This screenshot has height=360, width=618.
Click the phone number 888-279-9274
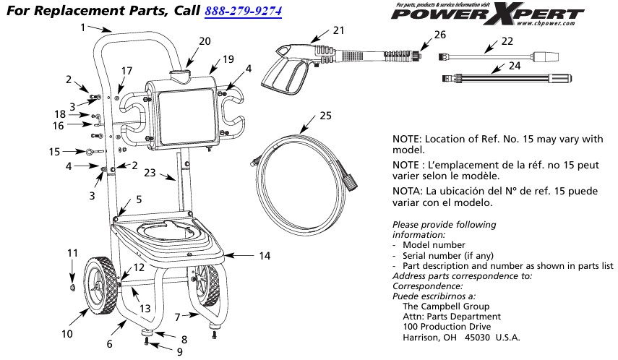click(x=244, y=12)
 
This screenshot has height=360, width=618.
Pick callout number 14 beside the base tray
click(x=265, y=255)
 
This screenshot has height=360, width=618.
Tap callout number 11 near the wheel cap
click(x=72, y=252)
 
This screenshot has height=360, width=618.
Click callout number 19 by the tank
click(x=228, y=59)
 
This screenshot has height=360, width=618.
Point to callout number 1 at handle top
click(x=84, y=27)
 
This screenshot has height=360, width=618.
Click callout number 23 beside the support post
click(x=149, y=173)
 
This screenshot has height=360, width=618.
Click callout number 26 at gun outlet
click(x=440, y=34)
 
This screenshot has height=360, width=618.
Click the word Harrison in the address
click(x=420, y=338)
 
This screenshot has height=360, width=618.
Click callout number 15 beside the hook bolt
click(x=53, y=152)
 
